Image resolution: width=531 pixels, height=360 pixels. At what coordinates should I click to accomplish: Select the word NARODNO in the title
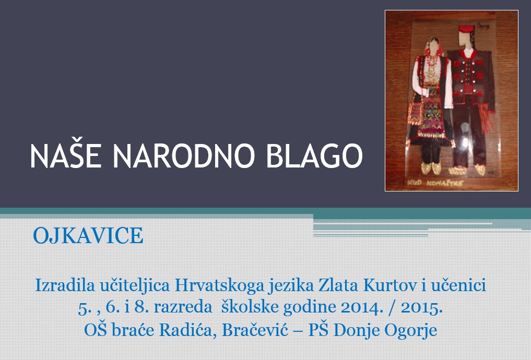(x=184, y=155)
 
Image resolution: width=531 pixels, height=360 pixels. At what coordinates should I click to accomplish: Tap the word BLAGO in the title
(x=314, y=155)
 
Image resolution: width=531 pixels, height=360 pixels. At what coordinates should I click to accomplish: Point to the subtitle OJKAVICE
(x=88, y=235)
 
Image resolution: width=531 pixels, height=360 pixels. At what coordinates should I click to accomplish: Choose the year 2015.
(x=422, y=307)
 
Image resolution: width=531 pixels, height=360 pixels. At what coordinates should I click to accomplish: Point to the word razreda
(x=183, y=307)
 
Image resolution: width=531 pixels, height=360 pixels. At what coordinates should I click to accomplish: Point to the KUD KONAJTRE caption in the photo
(x=435, y=183)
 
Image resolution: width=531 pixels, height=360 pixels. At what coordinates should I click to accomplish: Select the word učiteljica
(x=135, y=285)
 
